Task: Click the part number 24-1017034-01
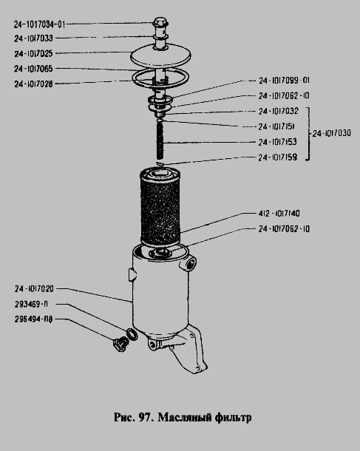[40, 24]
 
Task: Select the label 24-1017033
[34, 38]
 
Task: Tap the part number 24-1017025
[34, 53]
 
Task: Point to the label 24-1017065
[34, 69]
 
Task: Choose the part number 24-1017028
[34, 84]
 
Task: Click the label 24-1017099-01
[284, 81]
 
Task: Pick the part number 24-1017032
[279, 111]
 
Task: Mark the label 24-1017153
[277, 142]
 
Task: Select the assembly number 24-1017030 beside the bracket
[332, 133]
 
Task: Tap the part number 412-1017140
[279, 214]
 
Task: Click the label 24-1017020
[34, 289]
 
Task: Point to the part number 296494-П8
[34, 319]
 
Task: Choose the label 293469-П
[31, 304]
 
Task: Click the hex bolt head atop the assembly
[160, 22]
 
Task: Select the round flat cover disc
[160, 55]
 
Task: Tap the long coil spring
[160, 140]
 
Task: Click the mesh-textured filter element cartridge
[160, 207]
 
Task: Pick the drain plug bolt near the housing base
[120, 345]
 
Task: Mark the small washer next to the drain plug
[132, 334]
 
